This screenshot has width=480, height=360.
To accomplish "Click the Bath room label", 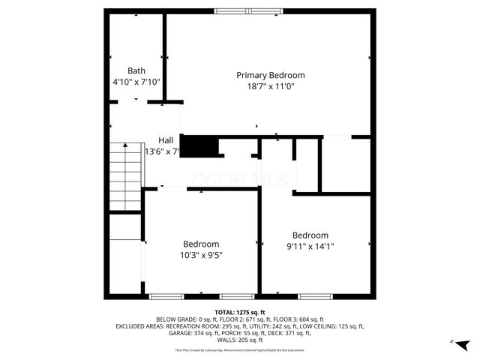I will pyautogui.click(x=136, y=70).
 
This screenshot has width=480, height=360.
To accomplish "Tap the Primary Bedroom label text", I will pyautogui.click(x=271, y=75).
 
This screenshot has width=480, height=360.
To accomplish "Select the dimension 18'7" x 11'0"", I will pyautogui.click(x=271, y=86).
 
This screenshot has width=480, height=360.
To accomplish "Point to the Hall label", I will pyautogui.click(x=166, y=140).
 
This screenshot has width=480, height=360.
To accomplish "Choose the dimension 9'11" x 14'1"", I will pyautogui.click(x=310, y=246).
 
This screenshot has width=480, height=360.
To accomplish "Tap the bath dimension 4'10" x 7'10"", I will pyautogui.click(x=136, y=82).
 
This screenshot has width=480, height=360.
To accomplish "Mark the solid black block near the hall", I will pyautogui.click(x=199, y=145).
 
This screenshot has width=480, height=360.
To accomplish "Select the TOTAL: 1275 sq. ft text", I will pyautogui.click(x=240, y=312).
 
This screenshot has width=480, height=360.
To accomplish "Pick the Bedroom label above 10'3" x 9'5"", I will pyautogui.click(x=201, y=244).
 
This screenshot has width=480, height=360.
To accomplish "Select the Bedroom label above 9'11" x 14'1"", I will pyautogui.click(x=310, y=235).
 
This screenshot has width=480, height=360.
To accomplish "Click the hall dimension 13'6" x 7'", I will pyautogui.click(x=162, y=151).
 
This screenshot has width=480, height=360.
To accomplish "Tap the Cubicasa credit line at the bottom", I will pyautogui.click(x=240, y=349).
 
